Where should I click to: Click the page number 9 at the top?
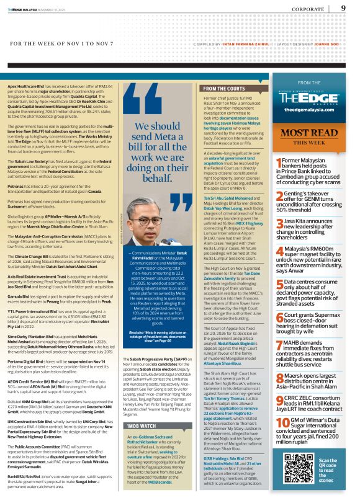pos(343,8)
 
